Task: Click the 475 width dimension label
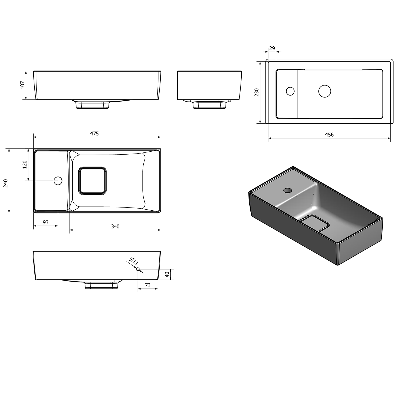click(94, 134)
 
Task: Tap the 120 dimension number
click(25, 164)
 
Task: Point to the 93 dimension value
click(46, 222)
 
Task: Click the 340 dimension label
click(115, 227)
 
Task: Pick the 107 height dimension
click(22, 85)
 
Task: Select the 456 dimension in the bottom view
click(329, 134)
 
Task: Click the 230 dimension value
click(256, 92)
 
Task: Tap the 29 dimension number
click(272, 48)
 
